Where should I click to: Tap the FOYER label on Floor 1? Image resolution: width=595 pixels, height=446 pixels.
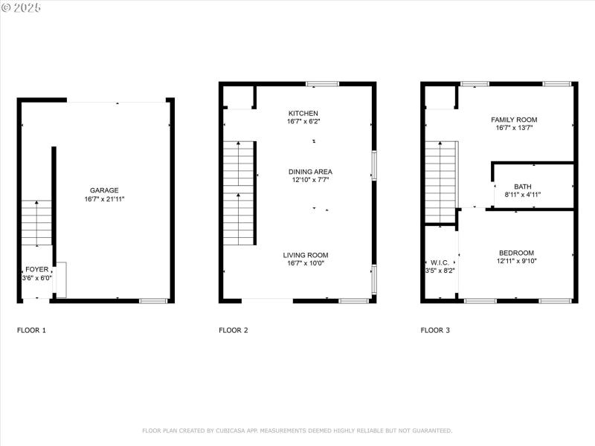(37, 269)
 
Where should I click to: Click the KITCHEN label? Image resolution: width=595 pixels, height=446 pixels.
(303, 113)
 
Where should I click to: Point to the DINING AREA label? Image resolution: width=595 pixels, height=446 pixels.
(310, 172)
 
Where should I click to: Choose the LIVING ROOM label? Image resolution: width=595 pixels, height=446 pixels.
(305, 255)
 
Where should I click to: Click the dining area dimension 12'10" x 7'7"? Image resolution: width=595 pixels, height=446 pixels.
(310, 180)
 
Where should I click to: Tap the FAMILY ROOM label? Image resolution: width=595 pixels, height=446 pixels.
(514, 120)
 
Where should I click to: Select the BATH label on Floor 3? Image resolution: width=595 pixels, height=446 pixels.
(523, 187)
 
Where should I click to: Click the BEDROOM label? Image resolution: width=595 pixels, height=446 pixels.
(516, 253)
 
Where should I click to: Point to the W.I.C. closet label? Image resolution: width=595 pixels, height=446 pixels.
(439, 262)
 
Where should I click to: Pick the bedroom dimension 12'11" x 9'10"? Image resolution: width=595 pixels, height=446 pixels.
(516, 261)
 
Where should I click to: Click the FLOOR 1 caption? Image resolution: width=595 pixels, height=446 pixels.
(31, 330)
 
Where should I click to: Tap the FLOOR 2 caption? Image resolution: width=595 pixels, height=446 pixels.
(233, 330)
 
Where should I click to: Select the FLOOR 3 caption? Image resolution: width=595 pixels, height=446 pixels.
(435, 330)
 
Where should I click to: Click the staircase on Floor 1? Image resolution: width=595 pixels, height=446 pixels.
(36, 223)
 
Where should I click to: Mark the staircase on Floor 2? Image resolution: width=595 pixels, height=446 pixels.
(239, 193)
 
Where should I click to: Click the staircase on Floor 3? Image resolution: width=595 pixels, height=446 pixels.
(440, 182)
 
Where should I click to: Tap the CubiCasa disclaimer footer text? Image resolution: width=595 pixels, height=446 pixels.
(297, 430)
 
